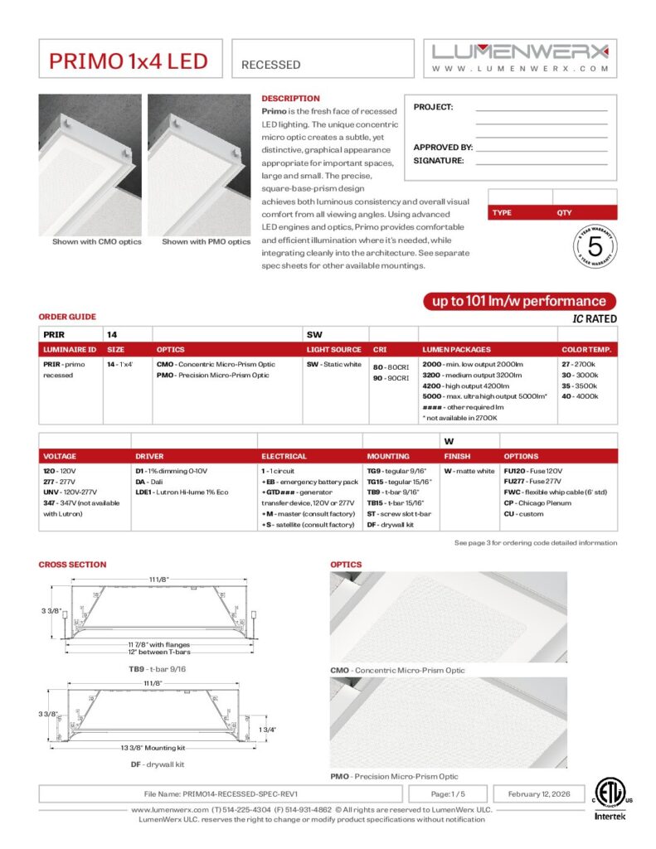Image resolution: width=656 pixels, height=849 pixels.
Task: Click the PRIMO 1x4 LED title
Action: (129, 61)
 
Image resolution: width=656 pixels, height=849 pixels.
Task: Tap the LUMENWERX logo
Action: (520, 51)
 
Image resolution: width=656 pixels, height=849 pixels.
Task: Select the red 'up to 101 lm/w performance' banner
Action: (518, 301)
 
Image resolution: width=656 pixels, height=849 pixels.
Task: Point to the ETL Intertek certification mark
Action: (611, 798)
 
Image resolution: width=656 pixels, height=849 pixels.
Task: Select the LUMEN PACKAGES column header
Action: (456, 350)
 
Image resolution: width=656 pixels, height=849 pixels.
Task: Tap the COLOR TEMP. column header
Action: (586, 350)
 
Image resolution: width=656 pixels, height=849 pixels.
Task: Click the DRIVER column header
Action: (150, 456)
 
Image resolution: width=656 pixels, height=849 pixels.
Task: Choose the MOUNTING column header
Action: (387, 456)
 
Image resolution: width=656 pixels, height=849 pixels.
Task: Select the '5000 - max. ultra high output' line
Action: (484, 396)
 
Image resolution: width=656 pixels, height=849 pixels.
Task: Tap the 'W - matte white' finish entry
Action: (469, 471)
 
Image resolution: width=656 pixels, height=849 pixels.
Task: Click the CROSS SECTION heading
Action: (72, 565)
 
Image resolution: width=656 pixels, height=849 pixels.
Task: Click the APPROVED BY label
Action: (443, 147)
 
